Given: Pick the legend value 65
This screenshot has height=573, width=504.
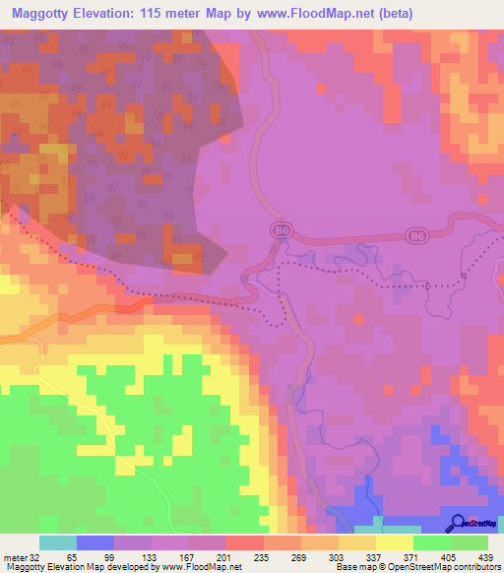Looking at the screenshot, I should coord(72,556).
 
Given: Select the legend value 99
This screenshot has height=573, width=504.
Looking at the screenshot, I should coord(108,556).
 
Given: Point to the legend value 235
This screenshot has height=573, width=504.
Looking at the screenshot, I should coord(259,556).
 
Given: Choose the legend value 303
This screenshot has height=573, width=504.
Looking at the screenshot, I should coord(334,556).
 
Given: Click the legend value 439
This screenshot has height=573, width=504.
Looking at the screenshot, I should coord(482,556).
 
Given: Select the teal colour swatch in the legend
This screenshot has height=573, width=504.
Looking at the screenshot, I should coord(57,542).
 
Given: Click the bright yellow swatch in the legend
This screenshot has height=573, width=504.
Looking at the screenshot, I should coord(394,542).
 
